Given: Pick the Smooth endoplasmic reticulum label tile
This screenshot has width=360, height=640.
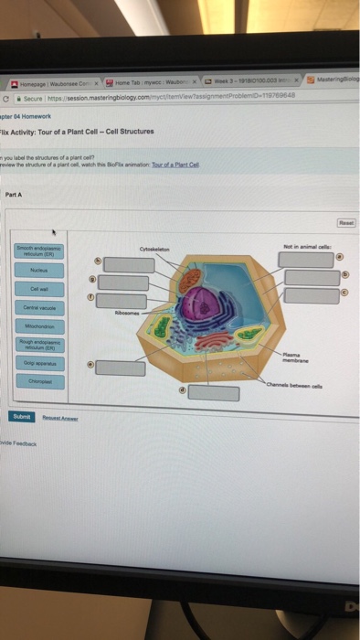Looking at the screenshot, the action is click(x=37, y=251).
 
